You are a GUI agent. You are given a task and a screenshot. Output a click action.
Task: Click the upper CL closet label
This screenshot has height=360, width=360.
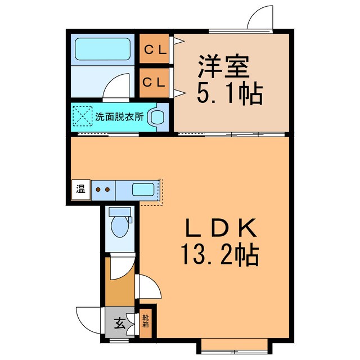point(155,49)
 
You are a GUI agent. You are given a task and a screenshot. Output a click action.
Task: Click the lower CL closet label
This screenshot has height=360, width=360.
point(155,82)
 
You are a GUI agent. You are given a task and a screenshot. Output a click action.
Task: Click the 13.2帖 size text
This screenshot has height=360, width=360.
point(219,256)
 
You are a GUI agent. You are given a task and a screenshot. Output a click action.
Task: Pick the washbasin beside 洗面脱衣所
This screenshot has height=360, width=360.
point(158,117)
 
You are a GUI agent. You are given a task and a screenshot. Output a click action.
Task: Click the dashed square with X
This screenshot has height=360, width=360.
point(83,117)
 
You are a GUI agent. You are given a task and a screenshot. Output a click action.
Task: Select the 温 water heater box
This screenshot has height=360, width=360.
point(80,189)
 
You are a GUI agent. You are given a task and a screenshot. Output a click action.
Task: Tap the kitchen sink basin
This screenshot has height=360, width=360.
point(142,189)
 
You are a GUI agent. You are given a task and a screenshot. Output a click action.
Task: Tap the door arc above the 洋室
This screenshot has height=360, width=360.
point(259,17)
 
